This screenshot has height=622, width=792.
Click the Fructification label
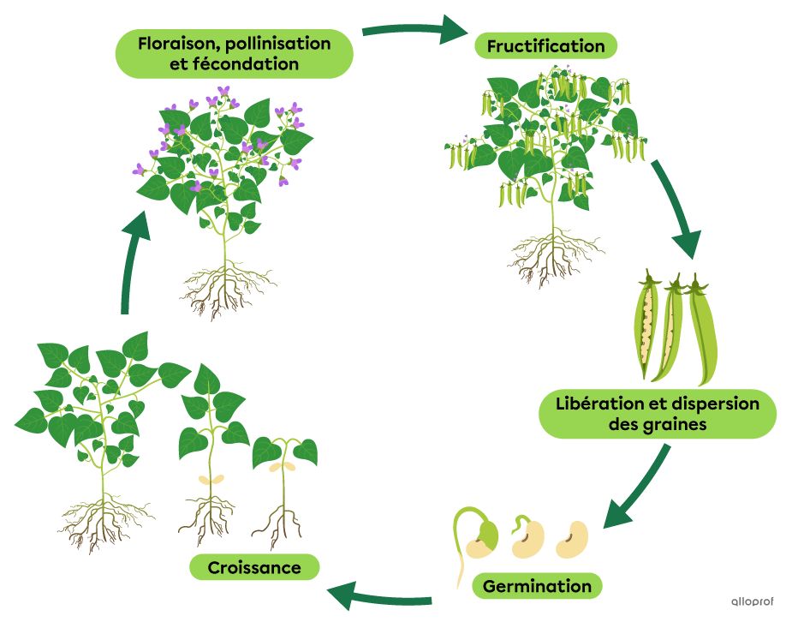pyautogui.click(x=545, y=46)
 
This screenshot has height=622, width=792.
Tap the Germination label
pyautogui.click(x=537, y=587)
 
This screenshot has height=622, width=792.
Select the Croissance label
pyautogui.click(x=254, y=567)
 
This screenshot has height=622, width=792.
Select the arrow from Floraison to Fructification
pyautogui.click(x=414, y=31)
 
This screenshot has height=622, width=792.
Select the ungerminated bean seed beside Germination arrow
pyautogui.click(x=572, y=539)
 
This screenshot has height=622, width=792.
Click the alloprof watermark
pyautogui.click(x=750, y=601)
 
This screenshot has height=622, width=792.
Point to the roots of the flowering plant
pyautogui.click(x=224, y=288)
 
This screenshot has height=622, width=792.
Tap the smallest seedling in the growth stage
pyautogui.click(x=283, y=488)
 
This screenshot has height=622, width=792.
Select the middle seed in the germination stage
pyautogui.click(x=526, y=538)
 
